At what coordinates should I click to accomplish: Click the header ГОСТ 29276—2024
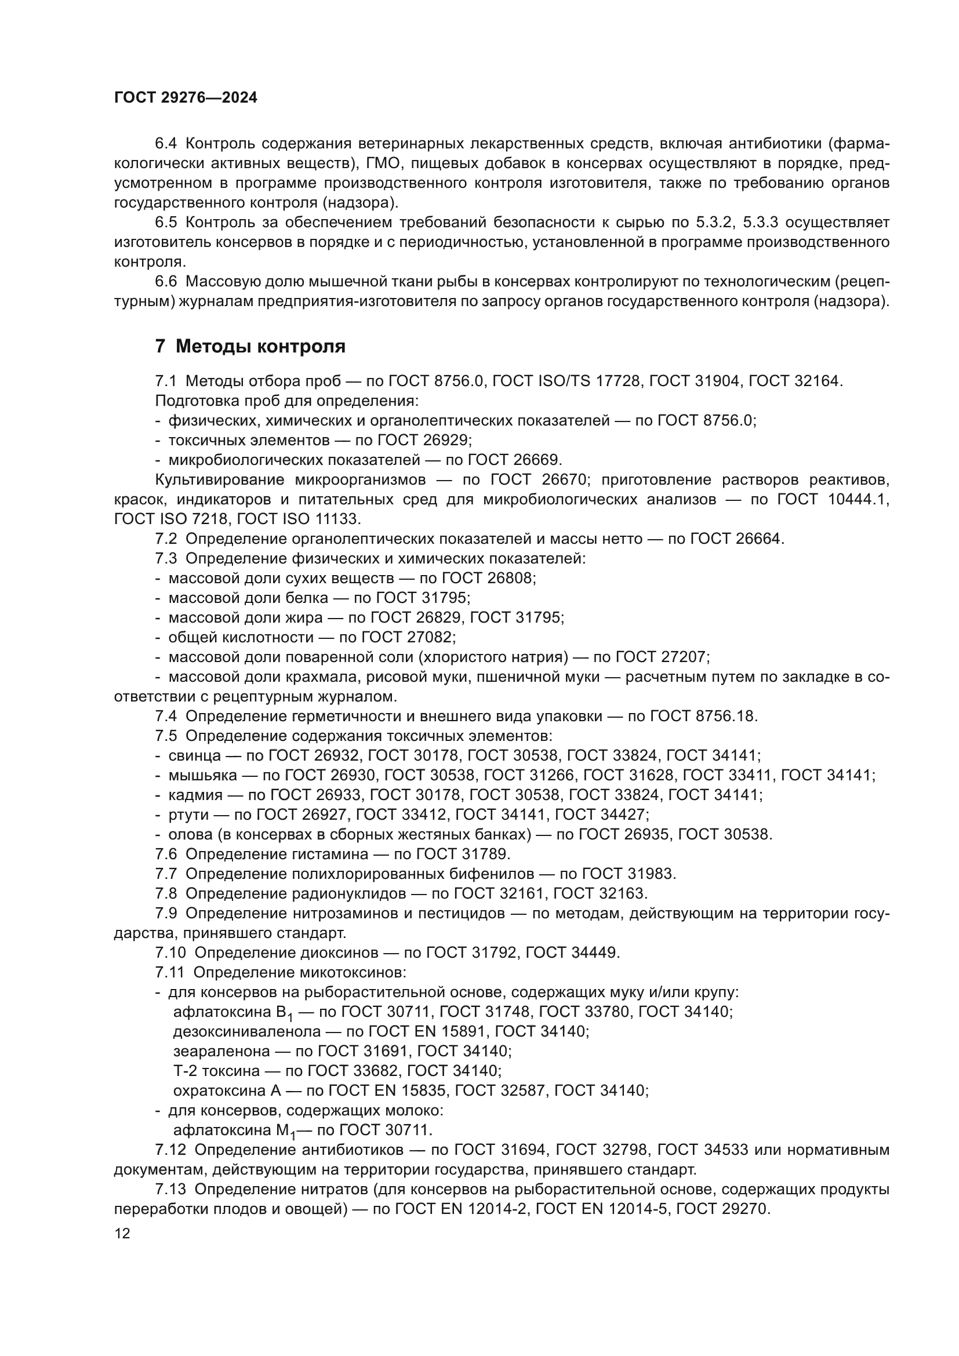[186, 98]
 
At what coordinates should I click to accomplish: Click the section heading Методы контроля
[260, 347]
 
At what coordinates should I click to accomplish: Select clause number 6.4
[166, 144]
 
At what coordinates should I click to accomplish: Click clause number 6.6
[166, 282]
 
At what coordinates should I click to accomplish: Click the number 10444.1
[859, 500]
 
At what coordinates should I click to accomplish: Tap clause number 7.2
[166, 539]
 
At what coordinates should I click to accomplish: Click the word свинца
[195, 756]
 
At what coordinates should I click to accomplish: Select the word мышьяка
[202, 776]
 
